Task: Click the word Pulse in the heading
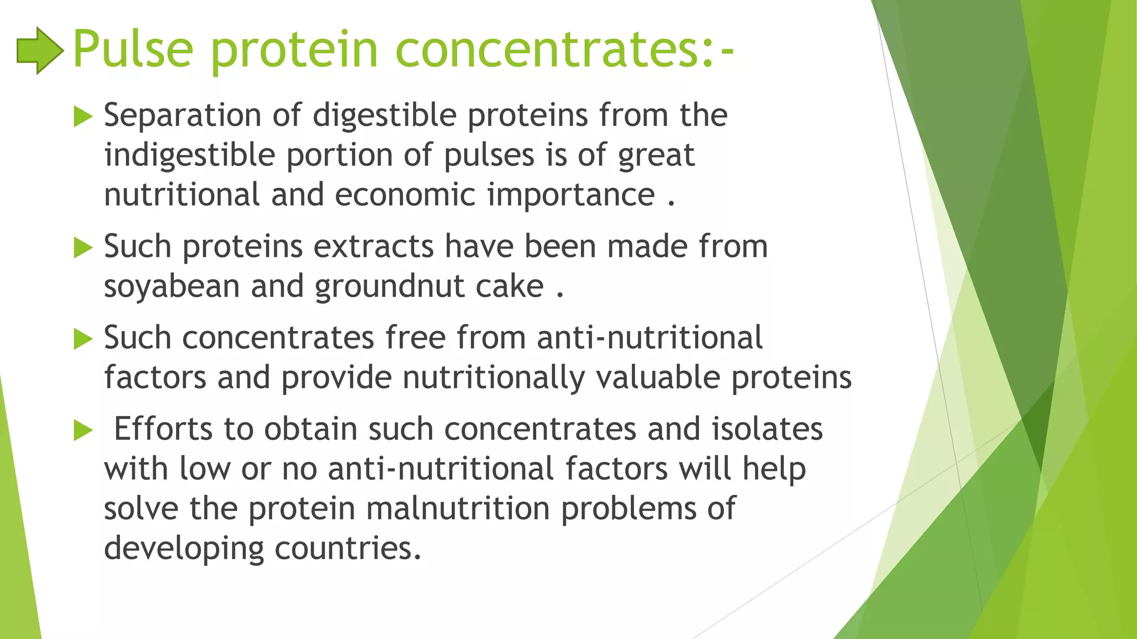coord(133,50)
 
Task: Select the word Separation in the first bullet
coord(183,115)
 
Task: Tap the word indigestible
coord(189,155)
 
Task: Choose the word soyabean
coord(172,287)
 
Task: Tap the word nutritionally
coord(494,378)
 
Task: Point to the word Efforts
coord(163,429)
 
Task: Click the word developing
coord(184,549)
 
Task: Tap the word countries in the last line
coord(348,549)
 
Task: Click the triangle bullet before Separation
coord(83,116)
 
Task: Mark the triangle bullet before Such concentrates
coord(83,339)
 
